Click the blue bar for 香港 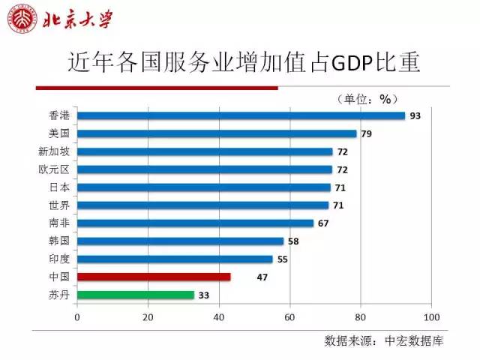241,115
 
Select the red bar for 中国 154,277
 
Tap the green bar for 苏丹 135,295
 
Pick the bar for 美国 217,133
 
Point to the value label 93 415,115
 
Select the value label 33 203,295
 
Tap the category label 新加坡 53,151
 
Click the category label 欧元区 53,169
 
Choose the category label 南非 58,223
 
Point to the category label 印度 58,259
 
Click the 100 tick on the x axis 430,316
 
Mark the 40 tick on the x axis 218,316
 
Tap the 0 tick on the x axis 77,316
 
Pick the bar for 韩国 181,241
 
